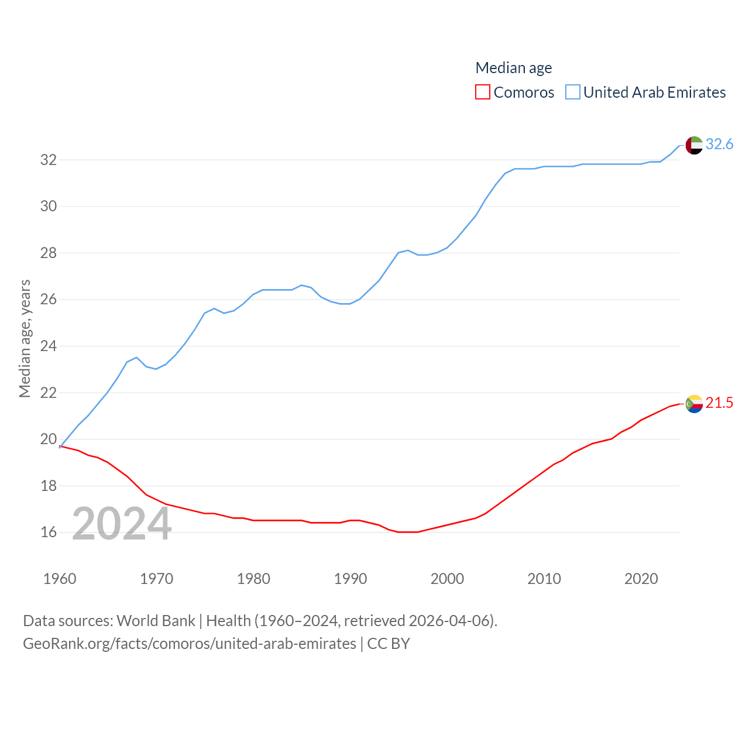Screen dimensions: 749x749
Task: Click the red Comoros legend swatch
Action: pyautogui.click(x=482, y=92)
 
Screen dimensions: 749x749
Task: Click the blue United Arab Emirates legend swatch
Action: pyautogui.click(x=572, y=92)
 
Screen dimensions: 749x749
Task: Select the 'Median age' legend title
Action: pyautogui.click(x=513, y=68)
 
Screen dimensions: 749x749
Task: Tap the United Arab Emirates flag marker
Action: pyautogui.click(x=694, y=145)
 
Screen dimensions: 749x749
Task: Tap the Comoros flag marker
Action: pyautogui.click(x=694, y=404)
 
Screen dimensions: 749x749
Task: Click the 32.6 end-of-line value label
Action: pyautogui.click(x=719, y=144)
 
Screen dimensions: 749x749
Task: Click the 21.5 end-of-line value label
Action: pyautogui.click(x=719, y=403)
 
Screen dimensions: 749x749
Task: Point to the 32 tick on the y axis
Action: pyautogui.click(x=49, y=160)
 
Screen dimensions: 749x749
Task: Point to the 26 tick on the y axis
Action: pyautogui.click(x=49, y=300)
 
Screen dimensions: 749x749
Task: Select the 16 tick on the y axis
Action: pyautogui.click(x=49, y=532)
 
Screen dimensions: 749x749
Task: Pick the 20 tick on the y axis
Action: pyautogui.click(x=49, y=439)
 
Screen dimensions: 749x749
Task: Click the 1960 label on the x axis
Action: pyautogui.click(x=60, y=579)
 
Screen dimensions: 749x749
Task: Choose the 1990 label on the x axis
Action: pyautogui.click(x=350, y=579)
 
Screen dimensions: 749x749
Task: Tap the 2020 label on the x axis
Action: pyautogui.click(x=641, y=579)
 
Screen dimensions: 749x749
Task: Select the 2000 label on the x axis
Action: pyautogui.click(x=447, y=579)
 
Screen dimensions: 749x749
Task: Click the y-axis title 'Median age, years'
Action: pyautogui.click(x=25, y=338)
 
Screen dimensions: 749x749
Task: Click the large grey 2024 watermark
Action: pyautogui.click(x=122, y=524)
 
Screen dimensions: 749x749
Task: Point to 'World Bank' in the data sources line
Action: pyautogui.click(x=156, y=620)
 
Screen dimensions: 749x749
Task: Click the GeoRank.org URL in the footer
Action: pyautogui.click(x=189, y=644)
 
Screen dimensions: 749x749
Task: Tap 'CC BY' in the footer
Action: pyautogui.click(x=389, y=644)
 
